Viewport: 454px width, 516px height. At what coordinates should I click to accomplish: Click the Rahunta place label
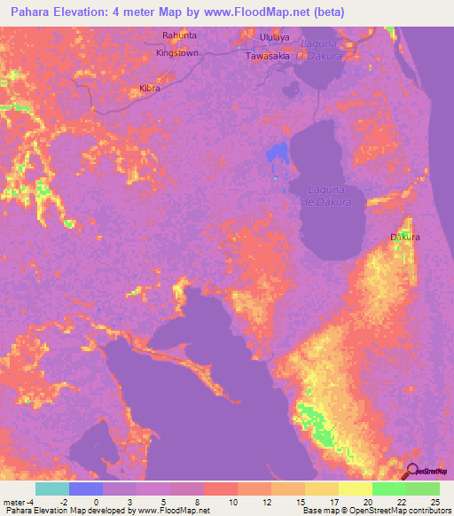pyautogui.click(x=178, y=35)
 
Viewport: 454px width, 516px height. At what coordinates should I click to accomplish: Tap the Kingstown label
pyautogui.click(x=176, y=53)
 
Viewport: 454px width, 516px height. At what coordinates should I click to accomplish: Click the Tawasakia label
pyautogui.click(x=268, y=55)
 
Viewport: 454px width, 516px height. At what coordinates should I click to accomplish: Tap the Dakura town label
pyautogui.click(x=405, y=238)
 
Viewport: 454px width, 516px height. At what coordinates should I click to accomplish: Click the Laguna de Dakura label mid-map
pyautogui.click(x=330, y=196)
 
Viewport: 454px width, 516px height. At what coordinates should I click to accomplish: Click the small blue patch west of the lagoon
pyautogui.click(x=278, y=153)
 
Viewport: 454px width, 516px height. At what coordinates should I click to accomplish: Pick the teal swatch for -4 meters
pyautogui.click(x=52, y=489)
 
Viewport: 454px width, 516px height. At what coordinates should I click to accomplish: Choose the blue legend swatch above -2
pyautogui.click(x=86, y=489)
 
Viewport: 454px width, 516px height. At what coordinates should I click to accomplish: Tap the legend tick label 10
pyautogui.click(x=231, y=503)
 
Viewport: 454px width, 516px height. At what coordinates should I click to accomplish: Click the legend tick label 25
pyautogui.click(x=434, y=503)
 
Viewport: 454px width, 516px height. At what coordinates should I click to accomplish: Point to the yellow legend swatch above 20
pyautogui.click(x=356, y=489)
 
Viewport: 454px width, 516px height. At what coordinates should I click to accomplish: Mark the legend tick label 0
pyautogui.click(x=96, y=503)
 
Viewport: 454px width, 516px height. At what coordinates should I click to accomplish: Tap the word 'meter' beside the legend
pyautogui.click(x=14, y=503)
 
